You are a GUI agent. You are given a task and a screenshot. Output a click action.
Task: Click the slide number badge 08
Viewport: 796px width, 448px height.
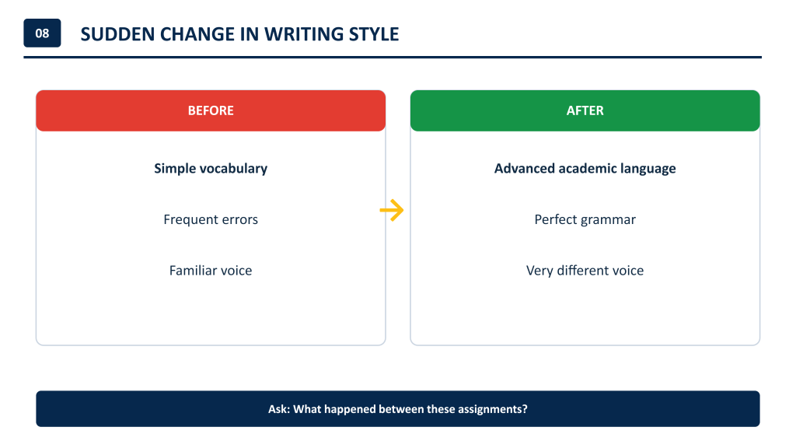point(42,33)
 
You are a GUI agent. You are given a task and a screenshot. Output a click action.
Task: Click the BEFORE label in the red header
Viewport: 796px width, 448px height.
point(211,110)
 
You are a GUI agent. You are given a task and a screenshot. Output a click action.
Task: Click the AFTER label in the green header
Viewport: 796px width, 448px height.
point(585,110)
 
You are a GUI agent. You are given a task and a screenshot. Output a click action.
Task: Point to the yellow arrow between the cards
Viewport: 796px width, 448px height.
point(392,210)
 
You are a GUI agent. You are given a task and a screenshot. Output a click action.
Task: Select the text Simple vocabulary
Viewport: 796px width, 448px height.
point(211,169)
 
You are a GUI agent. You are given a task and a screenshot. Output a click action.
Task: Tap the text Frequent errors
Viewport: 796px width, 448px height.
point(211,219)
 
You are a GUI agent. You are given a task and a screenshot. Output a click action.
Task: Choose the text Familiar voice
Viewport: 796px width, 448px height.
point(211,270)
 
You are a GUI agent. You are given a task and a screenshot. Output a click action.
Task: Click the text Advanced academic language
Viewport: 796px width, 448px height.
point(585,169)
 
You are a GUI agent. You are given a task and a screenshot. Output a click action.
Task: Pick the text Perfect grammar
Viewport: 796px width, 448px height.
point(585,219)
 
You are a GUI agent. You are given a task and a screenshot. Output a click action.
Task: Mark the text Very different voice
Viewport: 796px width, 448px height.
point(585,270)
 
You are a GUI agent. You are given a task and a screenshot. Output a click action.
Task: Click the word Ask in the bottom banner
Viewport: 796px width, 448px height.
point(278,409)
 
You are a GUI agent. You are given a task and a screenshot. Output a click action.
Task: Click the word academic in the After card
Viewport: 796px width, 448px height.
point(591,169)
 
